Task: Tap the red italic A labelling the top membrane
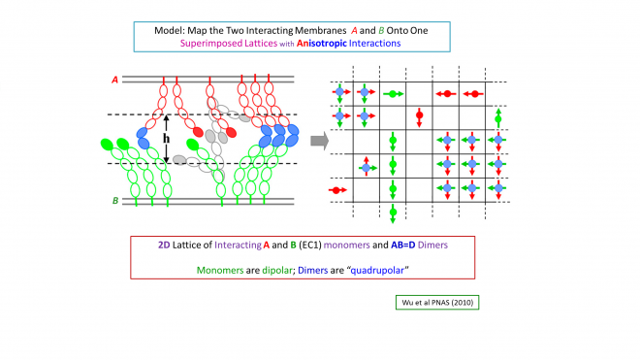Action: coord(115,82)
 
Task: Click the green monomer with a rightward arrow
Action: coord(392,94)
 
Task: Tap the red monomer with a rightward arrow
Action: coord(336,190)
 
